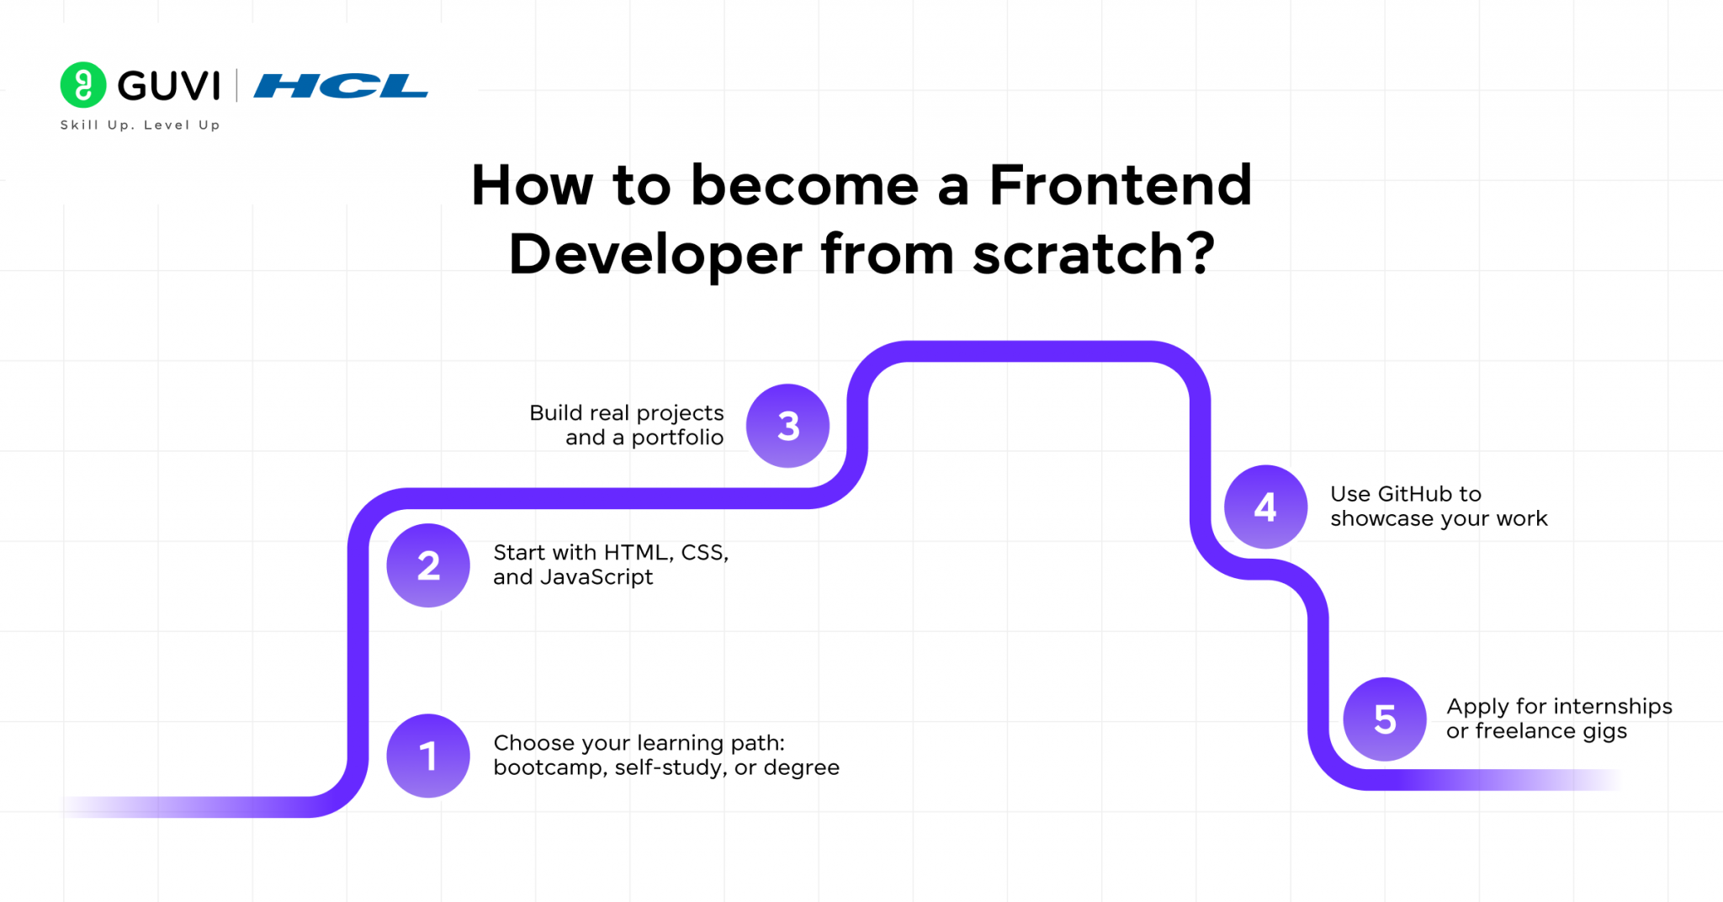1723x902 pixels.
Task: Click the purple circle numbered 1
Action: coord(428,755)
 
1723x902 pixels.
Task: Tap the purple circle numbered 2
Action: coord(428,565)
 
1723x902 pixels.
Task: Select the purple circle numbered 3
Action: coord(787,426)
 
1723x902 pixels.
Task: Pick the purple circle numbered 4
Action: coord(1265,507)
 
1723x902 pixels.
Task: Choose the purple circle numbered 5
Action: coord(1385,719)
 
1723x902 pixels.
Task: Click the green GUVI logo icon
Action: coord(83,85)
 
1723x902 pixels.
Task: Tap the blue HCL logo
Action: coord(341,86)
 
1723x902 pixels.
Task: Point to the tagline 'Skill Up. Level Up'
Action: coord(140,125)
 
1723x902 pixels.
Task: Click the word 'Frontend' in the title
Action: coord(1120,185)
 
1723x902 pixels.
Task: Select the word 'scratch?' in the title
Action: coord(1093,254)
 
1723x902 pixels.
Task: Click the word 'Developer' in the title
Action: coord(655,254)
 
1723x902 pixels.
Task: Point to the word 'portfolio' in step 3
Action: coord(677,438)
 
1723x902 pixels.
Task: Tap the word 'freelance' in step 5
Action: coord(1525,730)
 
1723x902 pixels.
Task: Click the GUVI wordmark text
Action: coord(168,86)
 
